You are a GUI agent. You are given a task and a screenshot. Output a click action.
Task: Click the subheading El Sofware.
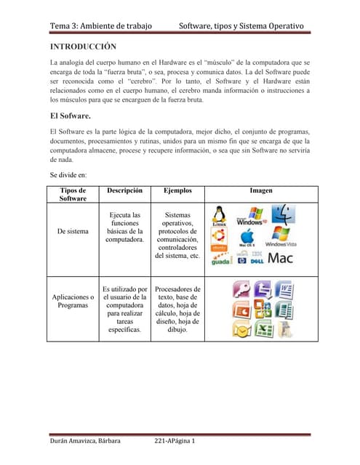[70, 115]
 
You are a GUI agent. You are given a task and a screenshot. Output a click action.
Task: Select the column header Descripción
[123, 190]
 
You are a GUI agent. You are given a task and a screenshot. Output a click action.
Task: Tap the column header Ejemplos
[177, 190]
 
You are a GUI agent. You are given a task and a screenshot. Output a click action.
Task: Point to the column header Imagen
[261, 190]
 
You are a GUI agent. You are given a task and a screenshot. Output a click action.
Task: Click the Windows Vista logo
[281, 238]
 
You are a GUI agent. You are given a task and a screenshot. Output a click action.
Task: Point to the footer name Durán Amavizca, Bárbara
[85, 441]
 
